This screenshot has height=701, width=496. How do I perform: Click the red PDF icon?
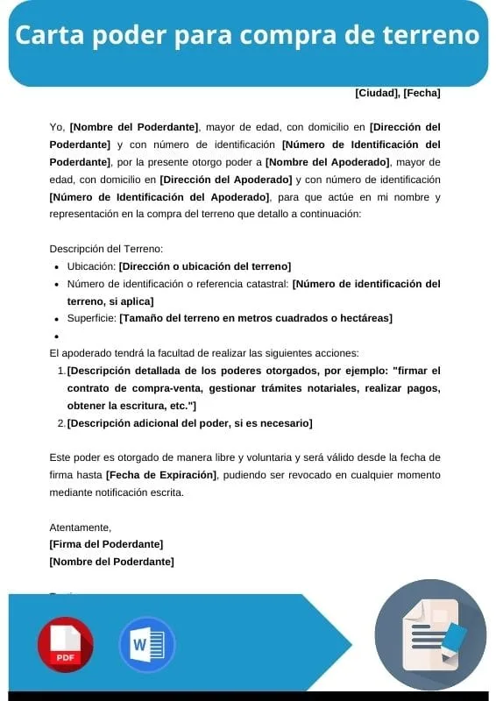coord(65,645)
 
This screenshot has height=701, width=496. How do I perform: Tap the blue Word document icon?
coord(146,645)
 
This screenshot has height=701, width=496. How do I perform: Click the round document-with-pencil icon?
coord(430,635)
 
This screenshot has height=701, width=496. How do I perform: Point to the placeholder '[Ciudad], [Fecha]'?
coord(397,93)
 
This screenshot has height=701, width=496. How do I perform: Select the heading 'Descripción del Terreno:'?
coord(106,249)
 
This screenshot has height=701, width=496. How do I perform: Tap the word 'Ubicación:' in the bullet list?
coord(91,266)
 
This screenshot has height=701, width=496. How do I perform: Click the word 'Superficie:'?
coord(92,318)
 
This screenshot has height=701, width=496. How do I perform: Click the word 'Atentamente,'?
coord(81,528)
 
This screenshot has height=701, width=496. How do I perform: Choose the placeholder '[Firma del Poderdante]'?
coord(106,544)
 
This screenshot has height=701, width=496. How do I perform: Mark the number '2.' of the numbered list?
coord(61,423)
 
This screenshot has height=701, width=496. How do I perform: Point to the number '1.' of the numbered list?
coord(61,371)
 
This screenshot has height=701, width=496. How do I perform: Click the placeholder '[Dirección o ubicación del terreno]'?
coord(205,266)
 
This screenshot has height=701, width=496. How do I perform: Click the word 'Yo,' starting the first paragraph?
coord(57,127)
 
